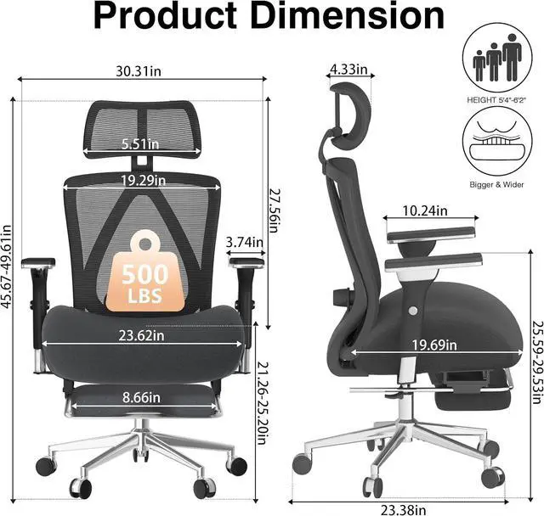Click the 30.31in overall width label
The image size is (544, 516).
pos(139,71)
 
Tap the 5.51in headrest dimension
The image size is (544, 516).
pos(140,143)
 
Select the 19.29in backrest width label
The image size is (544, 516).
pos(144,180)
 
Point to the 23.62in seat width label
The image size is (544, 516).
pos(142,335)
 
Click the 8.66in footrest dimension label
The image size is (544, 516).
pos(141,397)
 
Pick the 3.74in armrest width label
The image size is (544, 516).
pos(245,242)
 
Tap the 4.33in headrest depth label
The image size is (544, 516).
pos(348,70)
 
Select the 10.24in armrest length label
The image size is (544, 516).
pos(425,210)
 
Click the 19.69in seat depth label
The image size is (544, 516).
pos(434,345)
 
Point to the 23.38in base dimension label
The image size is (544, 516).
pos(404,510)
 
